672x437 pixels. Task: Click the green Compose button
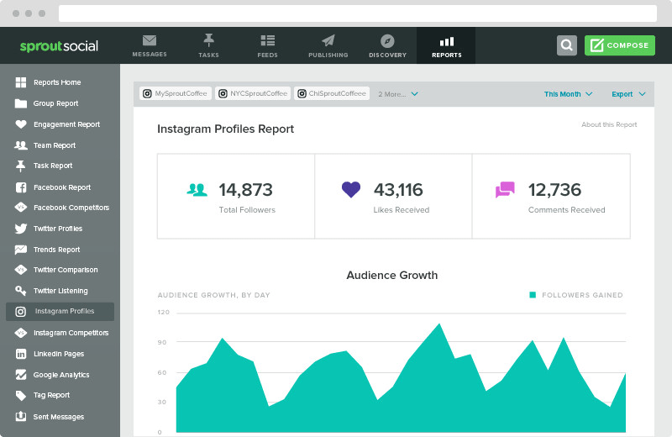(x=619, y=45)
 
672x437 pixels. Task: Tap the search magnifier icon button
(x=567, y=45)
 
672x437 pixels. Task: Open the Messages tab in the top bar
(x=150, y=45)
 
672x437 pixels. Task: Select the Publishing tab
(x=328, y=45)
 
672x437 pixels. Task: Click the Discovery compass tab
(x=387, y=45)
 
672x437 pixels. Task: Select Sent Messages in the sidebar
(x=58, y=417)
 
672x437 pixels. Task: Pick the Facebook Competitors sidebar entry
(x=71, y=208)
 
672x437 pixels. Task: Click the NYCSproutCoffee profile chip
(x=253, y=94)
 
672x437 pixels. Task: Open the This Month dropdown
(x=568, y=94)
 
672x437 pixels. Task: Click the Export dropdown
(x=628, y=94)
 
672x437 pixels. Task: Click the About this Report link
(x=609, y=124)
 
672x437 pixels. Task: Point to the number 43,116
(x=398, y=190)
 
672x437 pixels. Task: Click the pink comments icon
(x=505, y=190)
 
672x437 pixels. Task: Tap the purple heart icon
(x=351, y=190)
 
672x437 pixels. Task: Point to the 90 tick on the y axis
(x=163, y=342)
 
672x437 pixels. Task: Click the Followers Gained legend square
(x=533, y=295)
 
